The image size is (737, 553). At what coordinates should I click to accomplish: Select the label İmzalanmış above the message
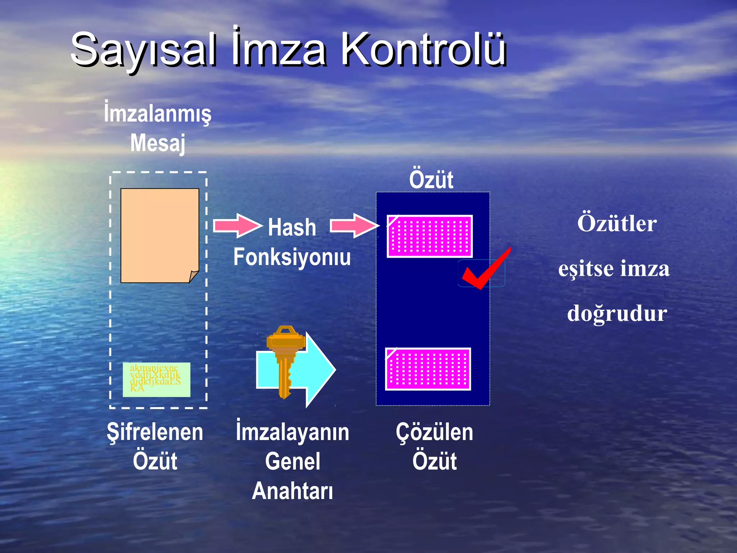point(158,113)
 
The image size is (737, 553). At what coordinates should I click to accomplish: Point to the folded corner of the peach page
point(194,276)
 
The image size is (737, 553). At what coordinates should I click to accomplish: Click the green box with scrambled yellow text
point(157,379)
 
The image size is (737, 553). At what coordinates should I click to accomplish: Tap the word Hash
point(292,228)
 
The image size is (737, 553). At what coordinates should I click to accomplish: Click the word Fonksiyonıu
point(292,257)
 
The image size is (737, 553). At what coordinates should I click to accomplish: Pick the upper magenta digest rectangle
point(430,236)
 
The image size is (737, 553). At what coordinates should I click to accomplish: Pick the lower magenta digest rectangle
point(428,369)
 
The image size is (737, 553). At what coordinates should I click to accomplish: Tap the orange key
point(285,360)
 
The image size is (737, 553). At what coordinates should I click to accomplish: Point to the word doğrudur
point(617,313)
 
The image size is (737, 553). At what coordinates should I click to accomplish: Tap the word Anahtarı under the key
point(293,491)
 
